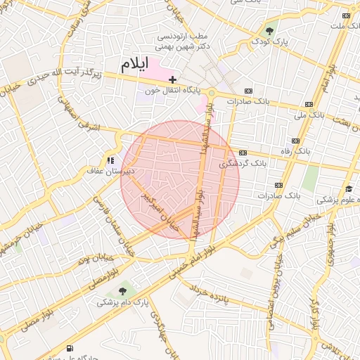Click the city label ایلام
click(x=136, y=66)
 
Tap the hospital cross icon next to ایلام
click(x=173, y=80)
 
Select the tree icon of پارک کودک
click(x=269, y=31)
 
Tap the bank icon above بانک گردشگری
click(x=243, y=153)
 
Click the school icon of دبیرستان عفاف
click(x=110, y=160)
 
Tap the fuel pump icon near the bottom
click(x=69, y=349)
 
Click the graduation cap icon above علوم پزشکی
click(x=349, y=188)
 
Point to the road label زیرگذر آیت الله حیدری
click(x=63, y=72)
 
